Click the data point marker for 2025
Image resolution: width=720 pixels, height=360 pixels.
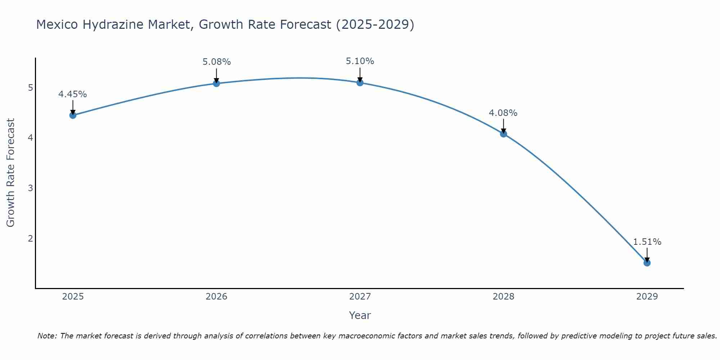[x=73, y=115]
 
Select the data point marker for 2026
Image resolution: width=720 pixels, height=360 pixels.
[x=216, y=84]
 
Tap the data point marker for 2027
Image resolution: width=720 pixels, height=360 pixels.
[x=360, y=83]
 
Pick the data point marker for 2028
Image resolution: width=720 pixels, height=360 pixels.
[x=503, y=134]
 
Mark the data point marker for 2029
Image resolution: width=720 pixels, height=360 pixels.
[x=647, y=263]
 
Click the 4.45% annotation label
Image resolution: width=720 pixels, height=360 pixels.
[x=73, y=94]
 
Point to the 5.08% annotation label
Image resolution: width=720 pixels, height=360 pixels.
[x=216, y=62]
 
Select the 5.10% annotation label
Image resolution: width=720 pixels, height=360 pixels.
[x=360, y=61]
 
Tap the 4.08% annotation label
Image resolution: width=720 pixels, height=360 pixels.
[x=503, y=113]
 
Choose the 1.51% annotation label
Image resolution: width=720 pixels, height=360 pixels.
[x=647, y=242]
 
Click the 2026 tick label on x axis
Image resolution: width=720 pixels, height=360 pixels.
[x=216, y=297]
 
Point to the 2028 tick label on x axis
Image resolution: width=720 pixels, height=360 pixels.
[x=503, y=297]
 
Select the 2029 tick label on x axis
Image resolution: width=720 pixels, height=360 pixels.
[x=647, y=297]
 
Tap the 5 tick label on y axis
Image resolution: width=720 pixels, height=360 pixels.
[x=30, y=88]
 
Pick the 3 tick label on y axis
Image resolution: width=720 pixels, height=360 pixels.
[x=30, y=188]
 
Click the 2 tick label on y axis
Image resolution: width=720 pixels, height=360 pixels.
[x=30, y=238]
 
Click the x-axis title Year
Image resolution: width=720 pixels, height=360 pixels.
[x=360, y=315]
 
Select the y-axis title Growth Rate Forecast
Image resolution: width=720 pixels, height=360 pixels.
[x=11, y=173]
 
